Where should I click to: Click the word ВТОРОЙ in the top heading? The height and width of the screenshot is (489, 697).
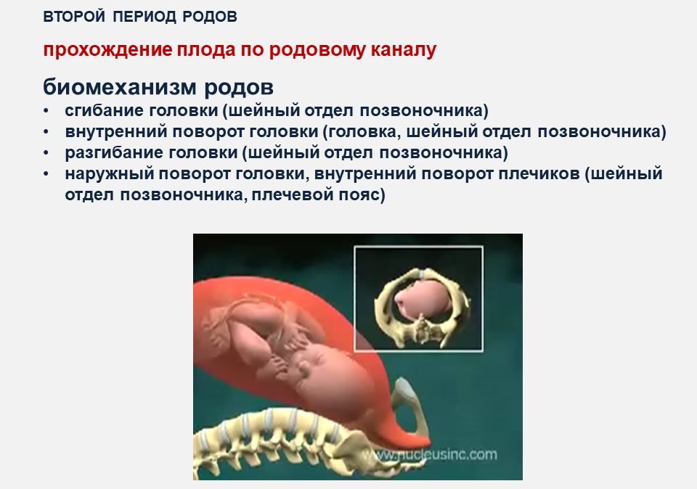coord(74,17)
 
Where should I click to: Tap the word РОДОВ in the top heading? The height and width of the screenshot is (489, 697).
coord(210,17)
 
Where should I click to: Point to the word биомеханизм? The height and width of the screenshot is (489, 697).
coord(120,88)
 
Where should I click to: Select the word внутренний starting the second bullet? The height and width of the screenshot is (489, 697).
coord(116,131)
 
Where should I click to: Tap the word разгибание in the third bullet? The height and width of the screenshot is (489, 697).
coord(114,152)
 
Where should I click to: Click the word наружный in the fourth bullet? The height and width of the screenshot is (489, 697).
coord(110,173)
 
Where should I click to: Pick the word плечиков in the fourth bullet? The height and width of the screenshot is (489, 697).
coord(539,173)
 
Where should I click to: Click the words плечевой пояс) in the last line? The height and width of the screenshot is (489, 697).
coord(318,194)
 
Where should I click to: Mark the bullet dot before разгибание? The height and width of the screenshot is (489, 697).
coord(46,153)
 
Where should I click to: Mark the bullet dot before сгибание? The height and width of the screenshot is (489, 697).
coord(46,110)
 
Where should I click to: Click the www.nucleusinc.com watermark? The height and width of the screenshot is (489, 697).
coord(429,455)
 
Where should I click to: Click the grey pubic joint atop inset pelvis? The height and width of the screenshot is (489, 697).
coord(421,273)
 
